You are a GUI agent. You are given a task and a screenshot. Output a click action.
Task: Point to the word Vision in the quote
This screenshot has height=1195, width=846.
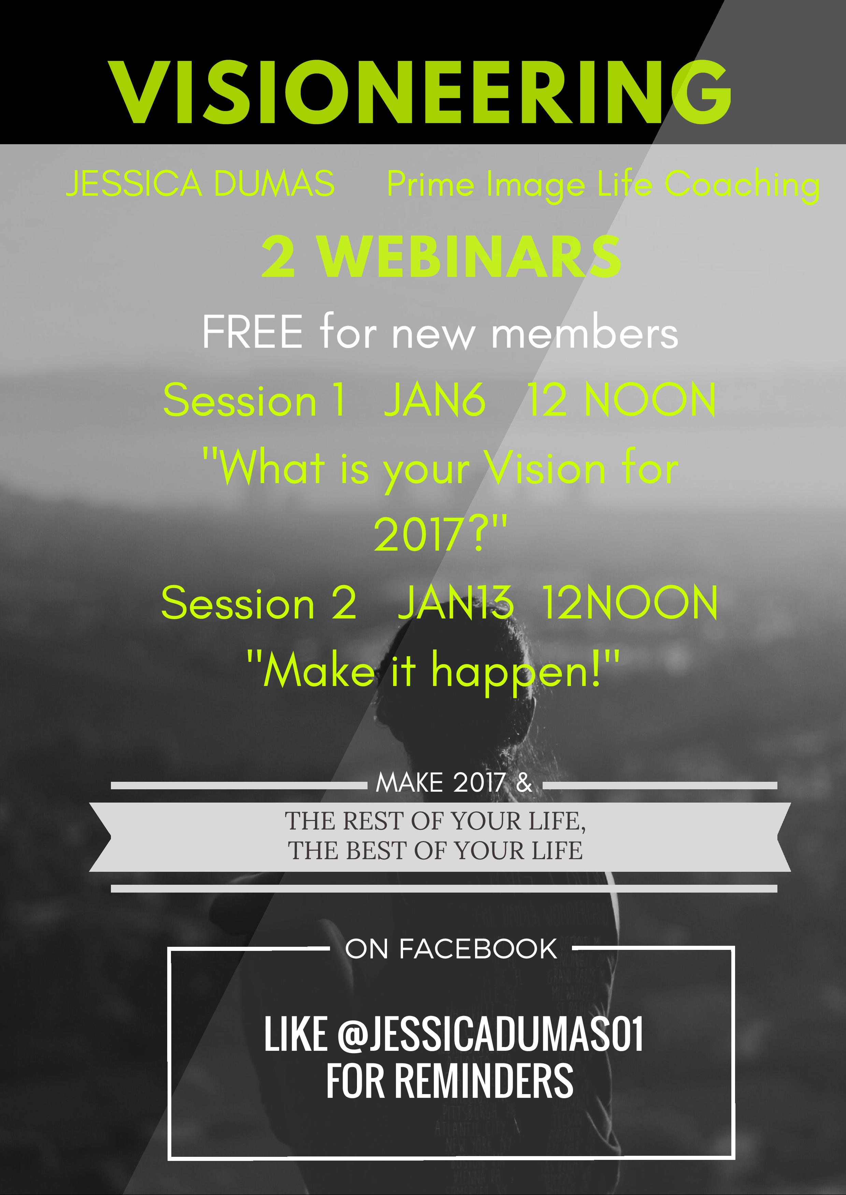click(x=545, y=467)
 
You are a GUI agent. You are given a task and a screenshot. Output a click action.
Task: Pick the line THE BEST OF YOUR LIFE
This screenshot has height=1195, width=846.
click(x=435, y=850)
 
